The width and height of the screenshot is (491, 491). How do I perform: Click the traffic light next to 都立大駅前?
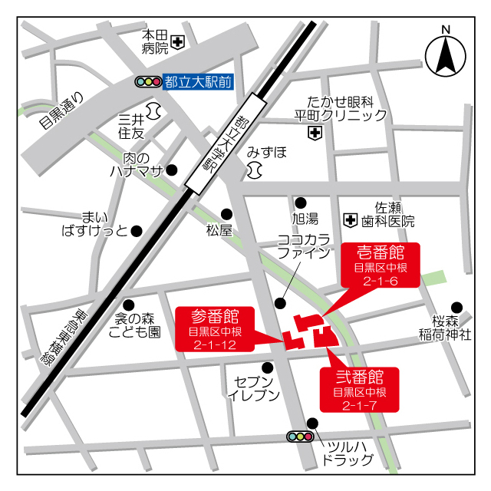tap(147, 81)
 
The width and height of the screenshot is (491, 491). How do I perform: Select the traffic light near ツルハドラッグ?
tap(300, 437)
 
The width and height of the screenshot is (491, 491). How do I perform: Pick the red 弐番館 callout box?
tap(359, 390)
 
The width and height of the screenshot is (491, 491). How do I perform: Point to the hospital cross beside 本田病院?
tap(178, 41)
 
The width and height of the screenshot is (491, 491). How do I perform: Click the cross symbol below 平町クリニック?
tap(314, 133)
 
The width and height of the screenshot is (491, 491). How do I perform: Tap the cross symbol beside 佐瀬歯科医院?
tap(351, 220)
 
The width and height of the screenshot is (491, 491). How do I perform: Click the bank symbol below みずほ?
tap(255, 170)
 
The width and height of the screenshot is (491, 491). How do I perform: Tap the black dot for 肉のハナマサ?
tap(173, 170)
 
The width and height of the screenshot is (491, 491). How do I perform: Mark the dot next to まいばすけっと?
tap(137, 230)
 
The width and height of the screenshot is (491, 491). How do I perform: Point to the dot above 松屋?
tap(226, 214)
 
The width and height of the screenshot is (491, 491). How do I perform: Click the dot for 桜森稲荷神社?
tap(456, 307)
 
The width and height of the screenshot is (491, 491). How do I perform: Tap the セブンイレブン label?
tap(254, 388)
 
